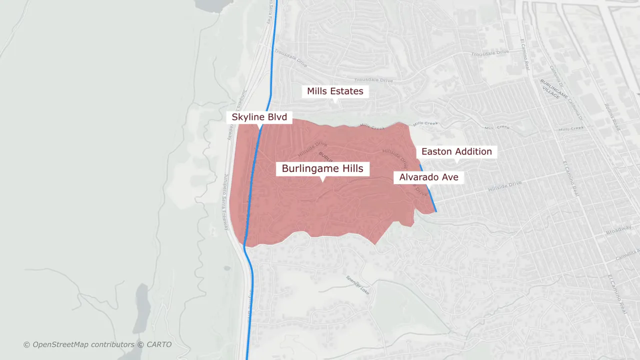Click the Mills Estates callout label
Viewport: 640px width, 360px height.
[x=335, y=91]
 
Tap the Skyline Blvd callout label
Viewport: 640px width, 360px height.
[x=259, y=117]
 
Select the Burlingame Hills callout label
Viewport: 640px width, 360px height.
[x=322, y=168]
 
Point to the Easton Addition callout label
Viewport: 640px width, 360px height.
[x=456, y=151]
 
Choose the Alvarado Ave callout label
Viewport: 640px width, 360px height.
[x=428, y=177]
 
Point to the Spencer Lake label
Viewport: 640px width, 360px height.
[x=357, y=284]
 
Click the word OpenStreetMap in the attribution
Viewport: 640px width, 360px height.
[x=60, y=344]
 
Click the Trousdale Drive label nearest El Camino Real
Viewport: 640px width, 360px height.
[x=489, y=52]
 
